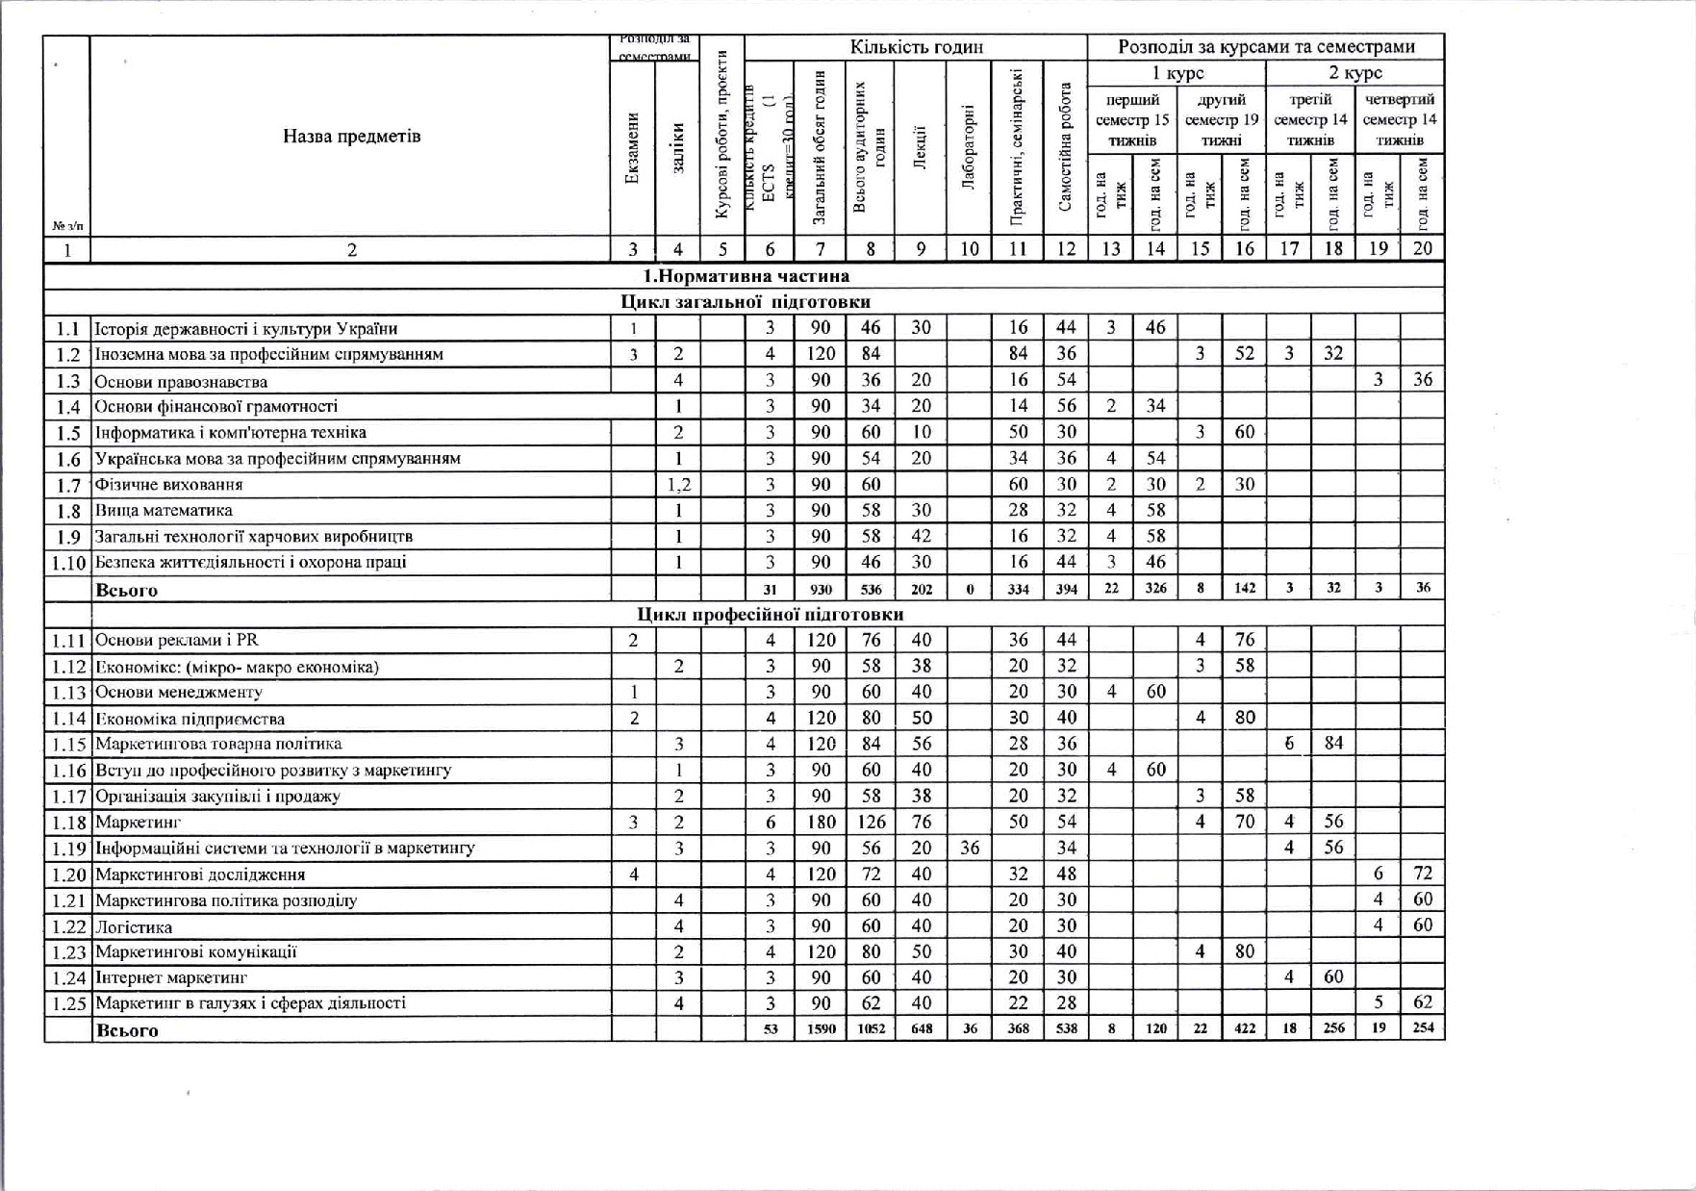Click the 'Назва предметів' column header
click(351, 136)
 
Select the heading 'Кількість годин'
click(916, 47)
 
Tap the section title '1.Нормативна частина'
click(746, 276)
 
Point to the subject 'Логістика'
click(134, 926)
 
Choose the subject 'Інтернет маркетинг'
click(171, 977)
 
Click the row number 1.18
click(67, 823)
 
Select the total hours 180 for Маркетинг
click(821, 822)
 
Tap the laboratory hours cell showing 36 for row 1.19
click(969, 848)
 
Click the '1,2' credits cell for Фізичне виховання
click(678, 485)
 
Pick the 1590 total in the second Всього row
click(821, 1028)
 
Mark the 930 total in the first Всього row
click(821, 589)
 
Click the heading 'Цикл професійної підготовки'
click(770, 614)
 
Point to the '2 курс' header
click(1354, 73)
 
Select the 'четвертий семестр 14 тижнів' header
click(1400, 119)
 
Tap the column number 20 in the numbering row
click(1423, 248)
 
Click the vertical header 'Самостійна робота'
click(1065, 147)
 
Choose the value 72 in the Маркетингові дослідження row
click(1423, 874)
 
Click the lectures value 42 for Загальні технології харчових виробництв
click(921, 536)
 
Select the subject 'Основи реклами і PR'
click(177, 640)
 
